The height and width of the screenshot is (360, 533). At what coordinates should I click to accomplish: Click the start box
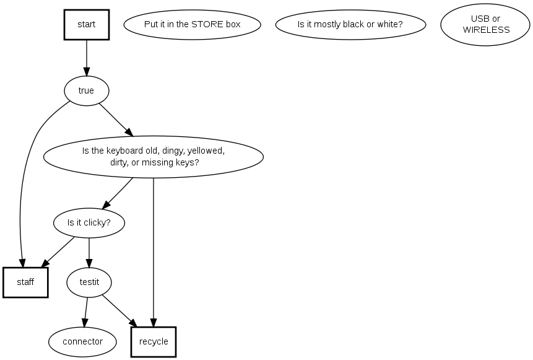(87, 25)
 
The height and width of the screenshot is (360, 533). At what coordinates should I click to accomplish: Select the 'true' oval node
(86, 91)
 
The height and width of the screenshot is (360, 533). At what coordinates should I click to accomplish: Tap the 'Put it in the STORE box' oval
(192, 25)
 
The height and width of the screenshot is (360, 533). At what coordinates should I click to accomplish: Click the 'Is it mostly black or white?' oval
(350, 25)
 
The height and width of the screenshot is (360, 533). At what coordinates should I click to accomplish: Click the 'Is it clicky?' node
(89, 222)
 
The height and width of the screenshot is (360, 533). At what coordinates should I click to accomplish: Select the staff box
(25, 283)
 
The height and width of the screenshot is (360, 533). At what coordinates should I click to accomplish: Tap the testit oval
(89, 283)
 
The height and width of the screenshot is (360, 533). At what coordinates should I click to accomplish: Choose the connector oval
(83, 341)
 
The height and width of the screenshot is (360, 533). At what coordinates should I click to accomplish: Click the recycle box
(154, 342)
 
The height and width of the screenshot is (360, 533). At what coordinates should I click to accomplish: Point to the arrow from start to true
(87, 59)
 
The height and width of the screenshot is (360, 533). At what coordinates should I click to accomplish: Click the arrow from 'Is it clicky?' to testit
(89, 252)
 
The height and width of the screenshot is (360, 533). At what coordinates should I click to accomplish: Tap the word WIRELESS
(486, 30)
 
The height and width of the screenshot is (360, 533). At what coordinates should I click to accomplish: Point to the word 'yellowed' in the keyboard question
(206, 151)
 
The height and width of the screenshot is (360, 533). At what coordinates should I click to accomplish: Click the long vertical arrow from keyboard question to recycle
(154, 248)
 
